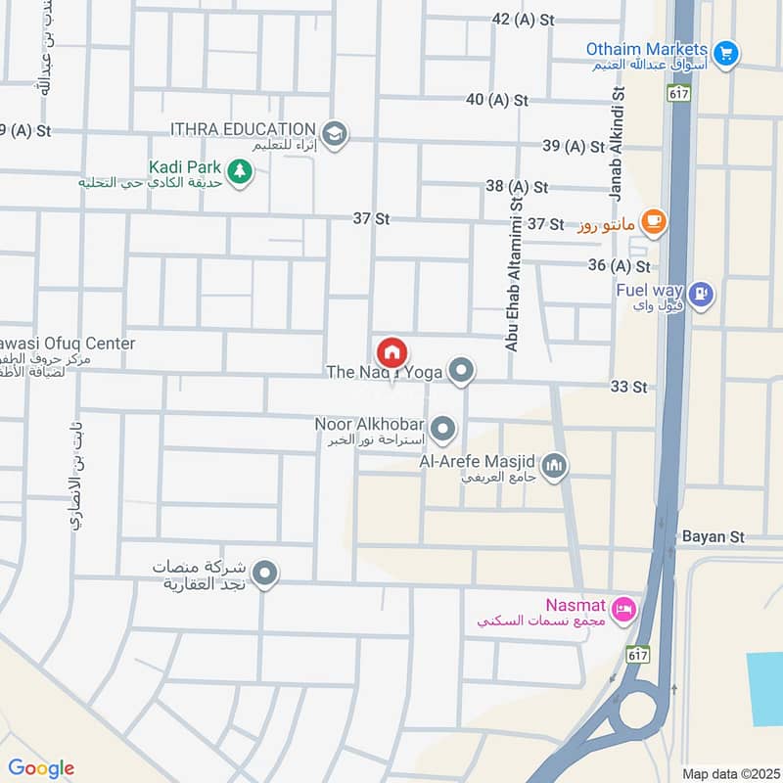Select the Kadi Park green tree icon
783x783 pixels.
click(x=238, y=173)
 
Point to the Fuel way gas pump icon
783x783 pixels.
click(x=701, y=292)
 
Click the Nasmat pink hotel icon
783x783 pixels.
click(x=626, y=610)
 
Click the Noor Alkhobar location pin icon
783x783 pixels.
click(x=443, y=428)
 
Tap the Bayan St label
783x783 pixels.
click(x=714, y=537)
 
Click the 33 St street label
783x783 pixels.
click(x=628, y=387)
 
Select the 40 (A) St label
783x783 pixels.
click(x=496, y=100)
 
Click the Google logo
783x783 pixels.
click(x=41, y=768)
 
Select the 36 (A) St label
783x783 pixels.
click(x=619, y=266)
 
